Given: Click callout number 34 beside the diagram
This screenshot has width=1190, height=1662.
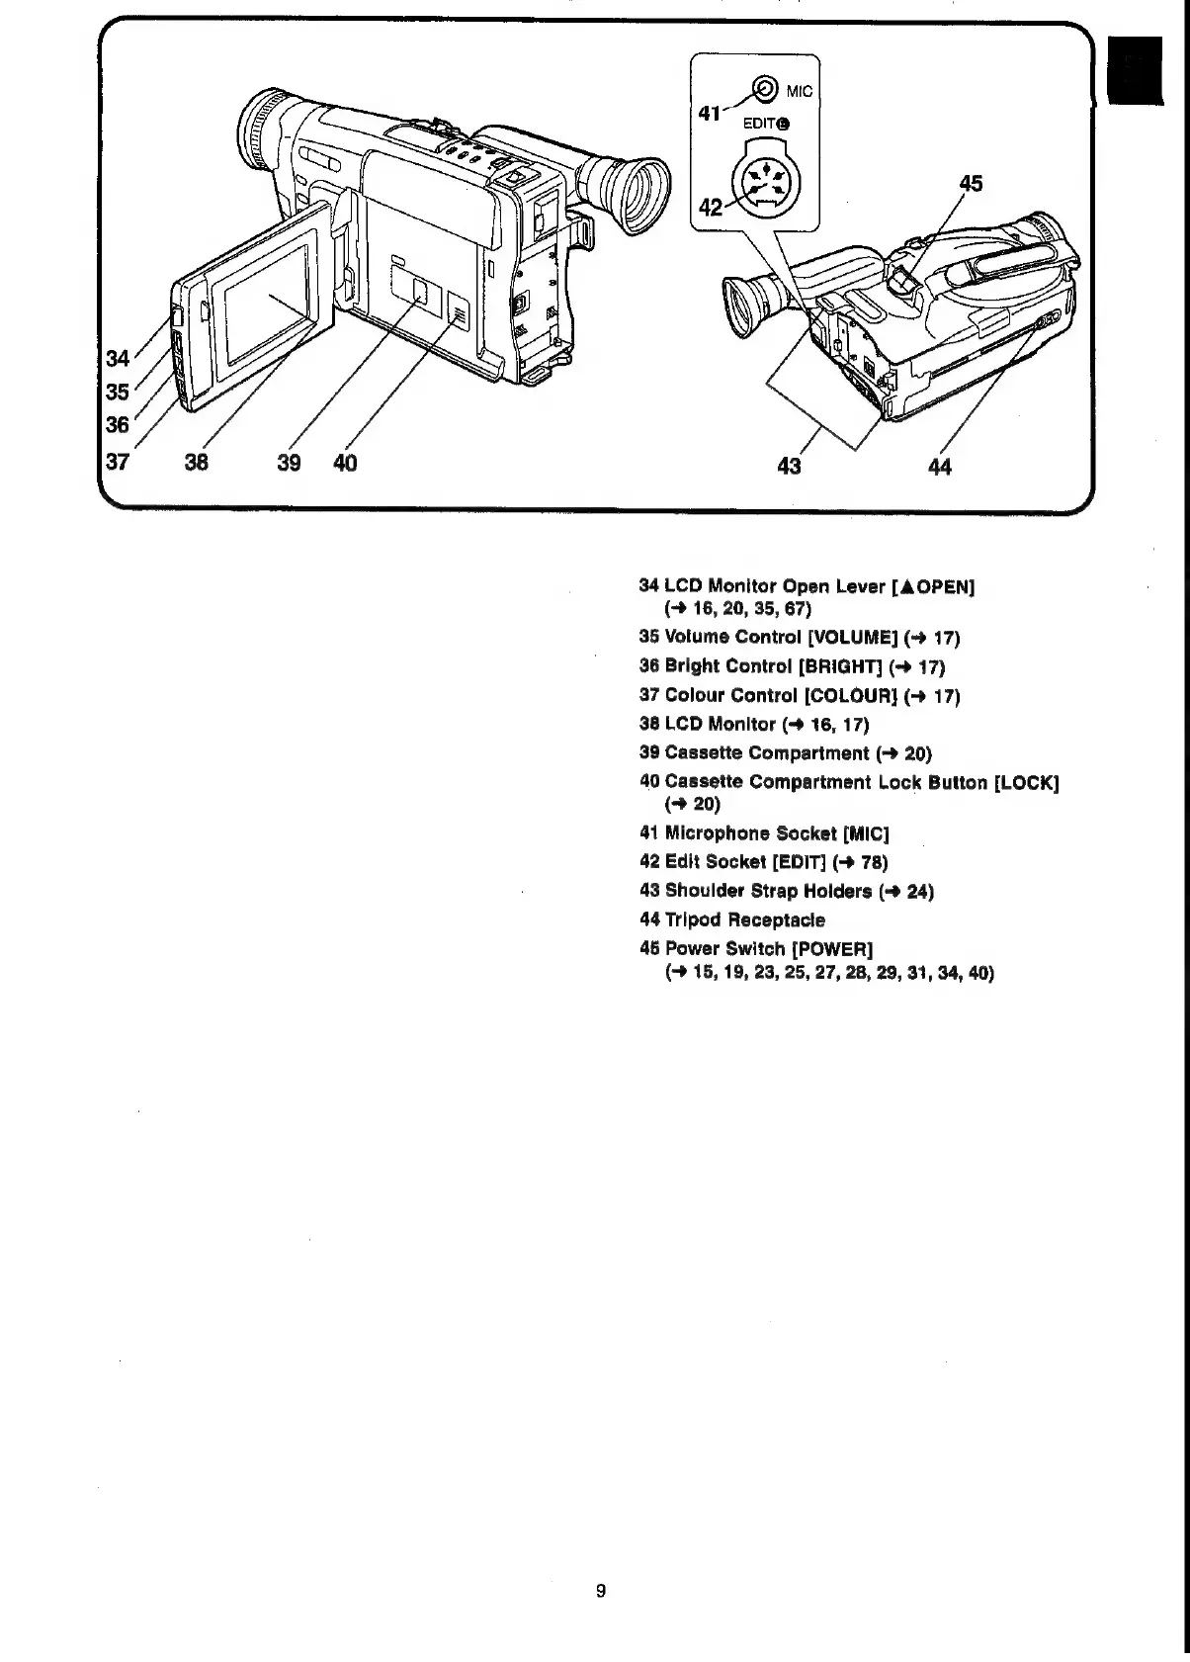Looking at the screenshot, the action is pyautogui.click(x=117, y=357).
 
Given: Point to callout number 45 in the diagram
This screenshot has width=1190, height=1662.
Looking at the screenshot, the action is pyautogui.click(x=972, y=183).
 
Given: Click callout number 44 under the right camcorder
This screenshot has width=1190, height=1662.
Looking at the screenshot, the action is pyautogui.click(x=940, y=466).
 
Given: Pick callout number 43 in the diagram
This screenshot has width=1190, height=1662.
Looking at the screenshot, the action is pyautogui.click(x=789, y=465).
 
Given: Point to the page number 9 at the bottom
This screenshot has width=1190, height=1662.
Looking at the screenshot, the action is pyautogui.click(x=601, y=1591).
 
